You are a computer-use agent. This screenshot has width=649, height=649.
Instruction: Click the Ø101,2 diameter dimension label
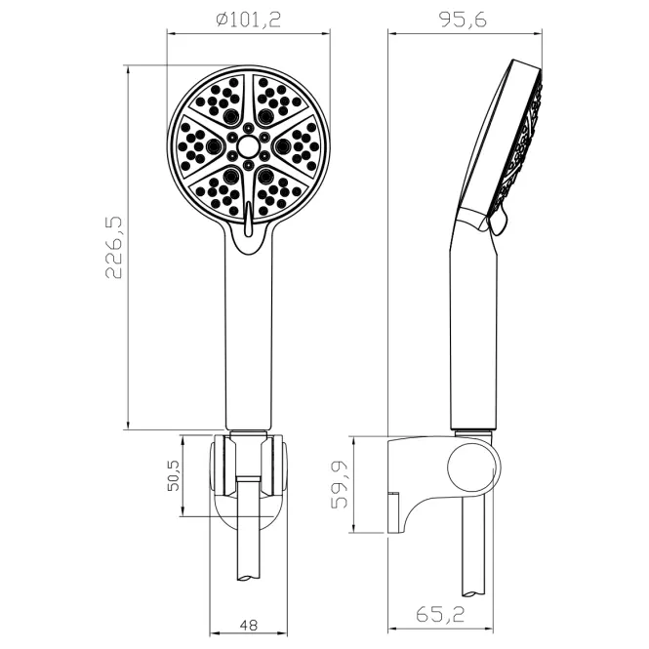248,20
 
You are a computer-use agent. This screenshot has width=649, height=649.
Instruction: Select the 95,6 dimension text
463,20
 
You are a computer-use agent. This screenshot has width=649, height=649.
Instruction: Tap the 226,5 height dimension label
114,247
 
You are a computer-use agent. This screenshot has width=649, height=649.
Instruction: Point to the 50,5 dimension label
174,475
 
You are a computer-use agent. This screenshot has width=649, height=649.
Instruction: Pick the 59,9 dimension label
341,484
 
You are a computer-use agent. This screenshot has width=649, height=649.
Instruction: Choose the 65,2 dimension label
440,614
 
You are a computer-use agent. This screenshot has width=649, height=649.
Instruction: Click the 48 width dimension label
248,625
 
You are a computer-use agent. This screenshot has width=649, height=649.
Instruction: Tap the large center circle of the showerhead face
248,145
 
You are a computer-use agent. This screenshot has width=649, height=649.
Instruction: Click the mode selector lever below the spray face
248,219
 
